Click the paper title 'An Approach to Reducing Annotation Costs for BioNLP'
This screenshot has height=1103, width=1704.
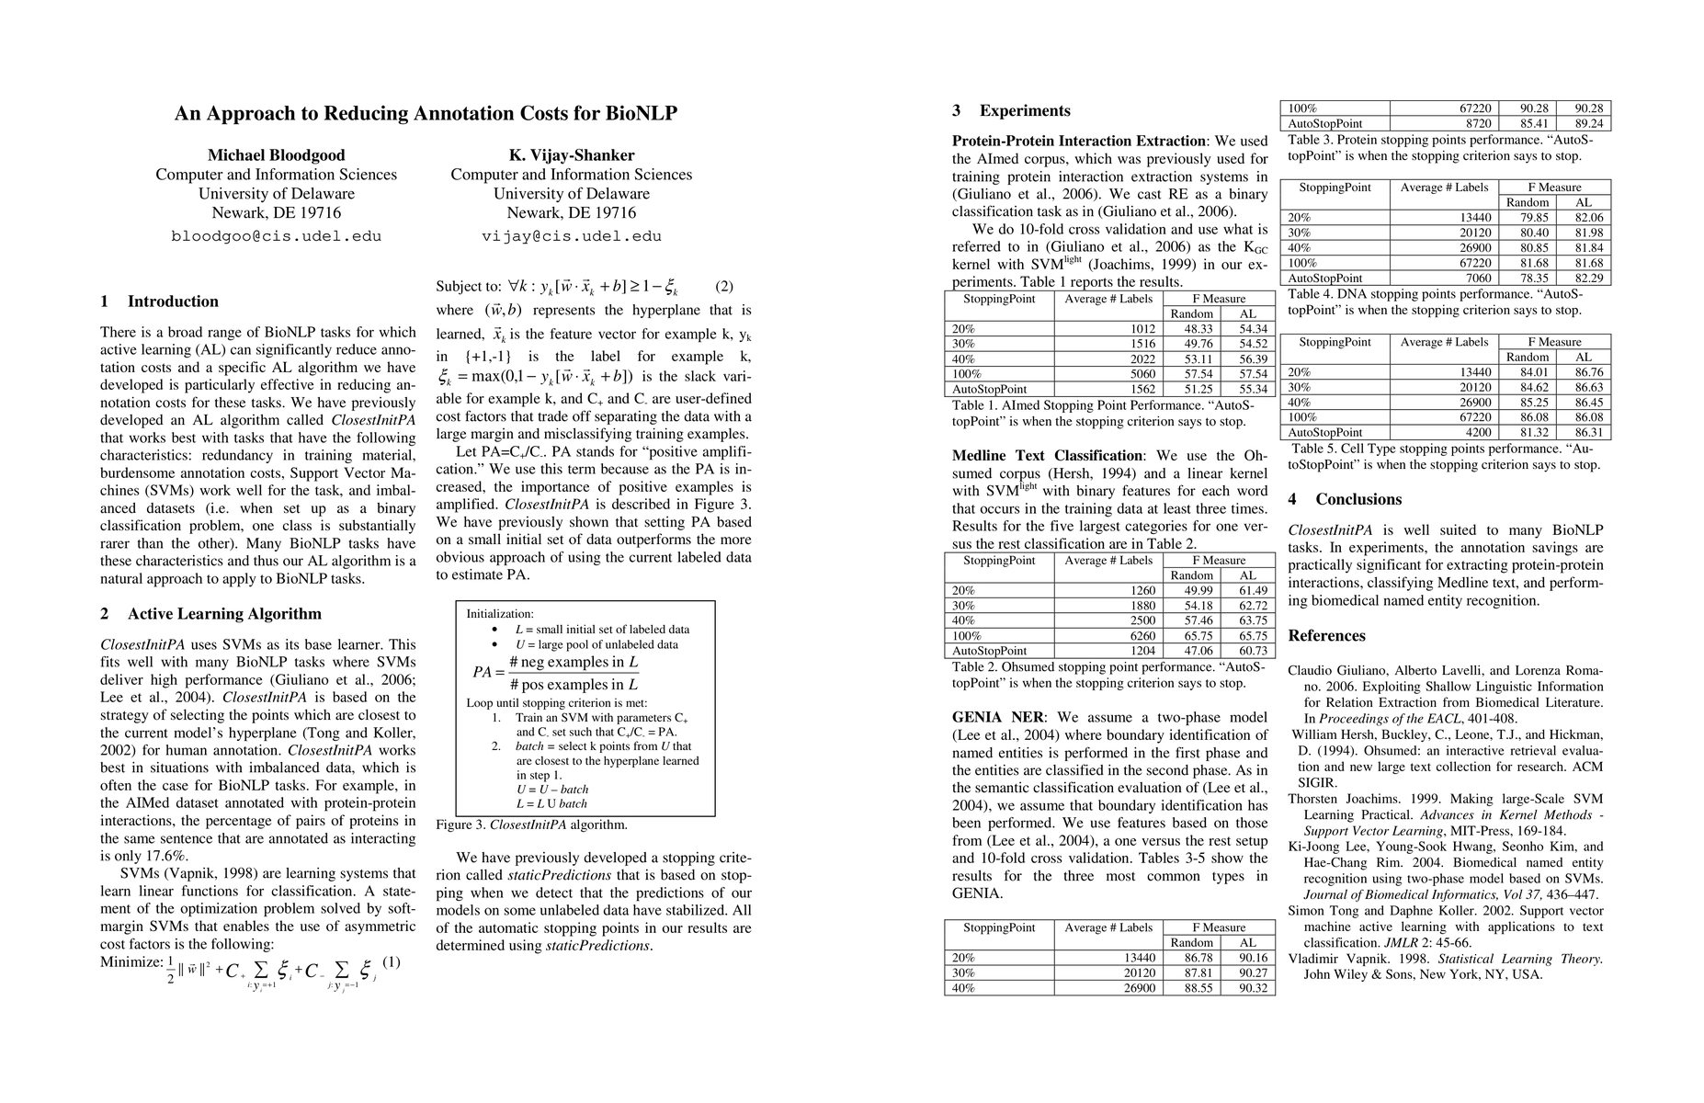click(426, 114)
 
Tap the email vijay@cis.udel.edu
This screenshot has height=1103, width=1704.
click(571, 236)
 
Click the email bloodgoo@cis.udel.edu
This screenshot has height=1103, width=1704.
click(276, 236)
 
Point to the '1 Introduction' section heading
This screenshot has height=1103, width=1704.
click(160, 301)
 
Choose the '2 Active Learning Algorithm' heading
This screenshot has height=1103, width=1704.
click(210, 614)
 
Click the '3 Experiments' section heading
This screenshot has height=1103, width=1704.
click(1011, 111)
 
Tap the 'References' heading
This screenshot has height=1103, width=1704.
click(1326, 636)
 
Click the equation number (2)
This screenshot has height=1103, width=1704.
click(724, 287)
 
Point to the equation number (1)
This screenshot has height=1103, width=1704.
click(392, 962)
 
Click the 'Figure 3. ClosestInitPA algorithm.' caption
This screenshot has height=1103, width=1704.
click(531, 824)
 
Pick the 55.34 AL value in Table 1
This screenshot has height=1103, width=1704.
click(1253, 389)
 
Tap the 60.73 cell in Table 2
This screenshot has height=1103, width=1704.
click(1253, 650)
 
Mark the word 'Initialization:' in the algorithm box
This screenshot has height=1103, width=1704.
click(500, 614)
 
